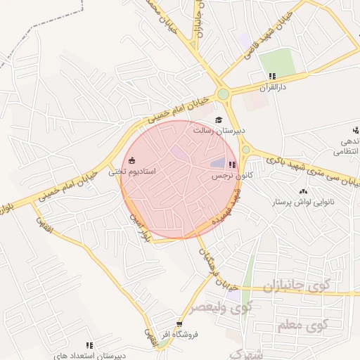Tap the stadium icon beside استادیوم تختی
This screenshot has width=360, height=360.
tap(131, 160)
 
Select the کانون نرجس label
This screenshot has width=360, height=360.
tap(231, 174)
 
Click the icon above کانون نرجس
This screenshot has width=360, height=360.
tap(232, 164)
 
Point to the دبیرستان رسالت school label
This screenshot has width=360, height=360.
tap(217, 131)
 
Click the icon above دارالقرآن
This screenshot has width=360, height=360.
tap(271, 76)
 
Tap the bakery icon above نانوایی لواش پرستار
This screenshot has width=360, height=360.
tap(304, 191)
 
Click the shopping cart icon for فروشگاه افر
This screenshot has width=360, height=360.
tap(179, 325)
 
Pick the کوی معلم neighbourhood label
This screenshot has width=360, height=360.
tap(308, 325)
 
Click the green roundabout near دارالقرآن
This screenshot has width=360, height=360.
tap(223, 94)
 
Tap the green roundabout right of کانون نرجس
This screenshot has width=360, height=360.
tap(246, 150)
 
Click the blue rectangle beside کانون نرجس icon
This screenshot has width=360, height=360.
tap(214, 164)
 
